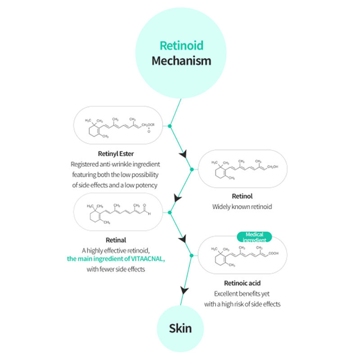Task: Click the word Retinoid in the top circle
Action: [181, 45]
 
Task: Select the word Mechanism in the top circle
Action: [181, 60]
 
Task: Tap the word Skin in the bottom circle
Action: [180, 328]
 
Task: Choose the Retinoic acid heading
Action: [242, 283]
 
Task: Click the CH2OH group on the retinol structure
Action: [273, 166]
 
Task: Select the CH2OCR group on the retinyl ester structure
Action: [148, 125]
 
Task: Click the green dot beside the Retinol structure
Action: [192, 169]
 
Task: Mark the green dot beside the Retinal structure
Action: [170, 212]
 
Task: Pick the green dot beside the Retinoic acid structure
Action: [192, 256]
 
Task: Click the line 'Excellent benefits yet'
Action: [242, 294]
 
